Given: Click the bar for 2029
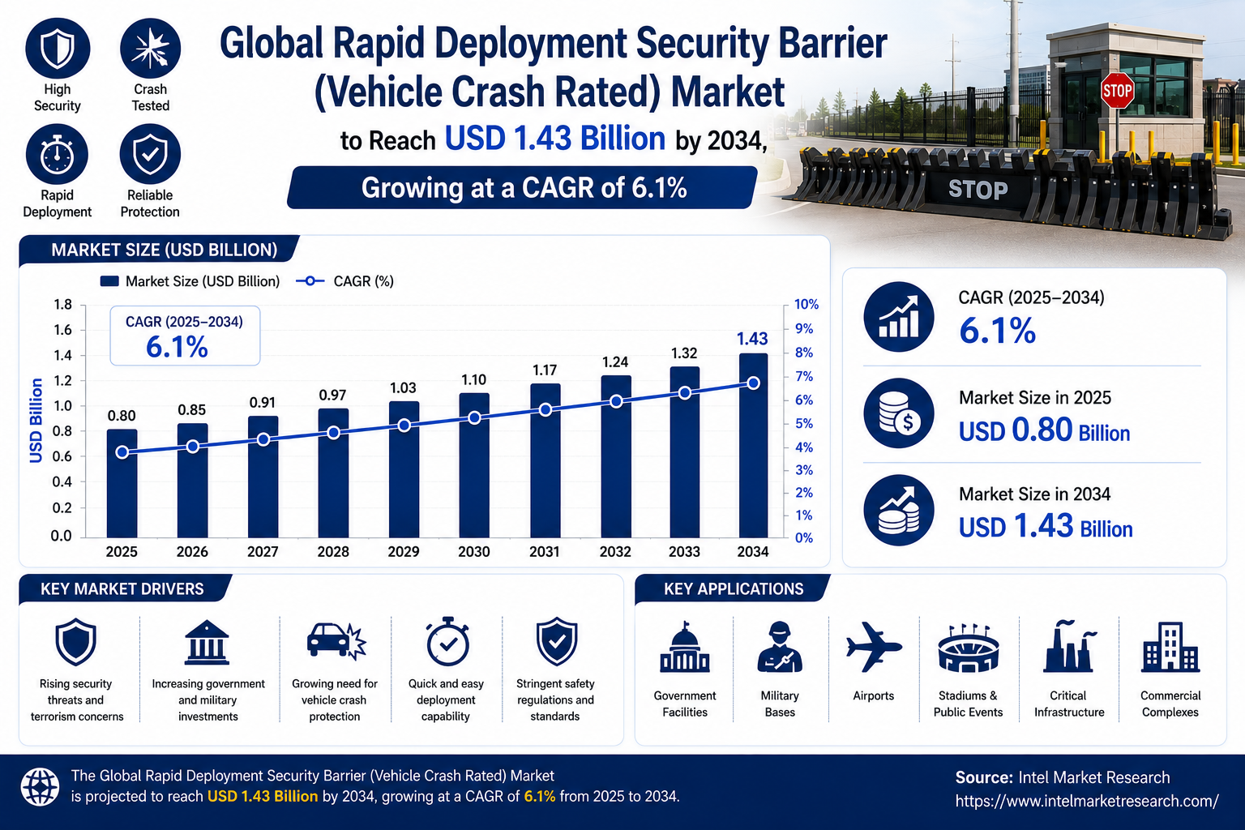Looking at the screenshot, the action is point(404,469).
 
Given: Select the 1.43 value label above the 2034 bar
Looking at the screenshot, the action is point(752,339).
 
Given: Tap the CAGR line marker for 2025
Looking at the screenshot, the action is point(122,452).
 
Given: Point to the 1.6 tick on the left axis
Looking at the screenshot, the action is point(62,330).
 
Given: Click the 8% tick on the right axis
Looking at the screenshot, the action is point(804,353).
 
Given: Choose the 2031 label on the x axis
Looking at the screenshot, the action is point(544,551).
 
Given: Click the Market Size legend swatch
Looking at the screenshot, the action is point(109,281).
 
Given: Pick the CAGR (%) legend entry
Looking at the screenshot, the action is point(344,281).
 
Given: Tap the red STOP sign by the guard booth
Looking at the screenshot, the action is point(1117,91).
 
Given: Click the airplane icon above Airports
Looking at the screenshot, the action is point(873,647).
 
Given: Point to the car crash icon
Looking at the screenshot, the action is point(336,641).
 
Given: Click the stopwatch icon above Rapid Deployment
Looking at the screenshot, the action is point(57,155).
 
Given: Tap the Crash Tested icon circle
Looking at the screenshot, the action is point(150,49).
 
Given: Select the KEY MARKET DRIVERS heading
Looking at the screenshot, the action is point(122,588).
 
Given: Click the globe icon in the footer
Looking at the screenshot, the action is point(40,787).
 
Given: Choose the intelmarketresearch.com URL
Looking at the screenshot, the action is point(1087,801).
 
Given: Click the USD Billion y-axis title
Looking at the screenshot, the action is point(36,421).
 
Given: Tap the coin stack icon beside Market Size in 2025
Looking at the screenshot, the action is point(899,413).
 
